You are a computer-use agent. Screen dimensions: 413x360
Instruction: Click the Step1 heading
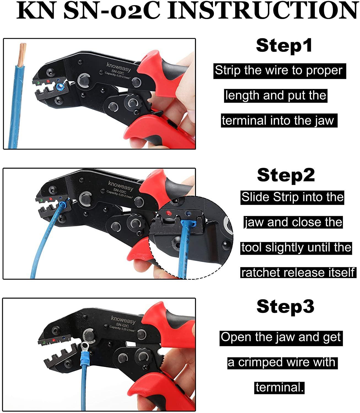click(x=284, y=46)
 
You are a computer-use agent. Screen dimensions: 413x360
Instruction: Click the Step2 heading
click(x=286, y=175)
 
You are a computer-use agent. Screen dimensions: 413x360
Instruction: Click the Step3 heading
click(x=285, y=306)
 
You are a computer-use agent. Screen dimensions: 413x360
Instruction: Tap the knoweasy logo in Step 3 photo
click(x=123, y=320)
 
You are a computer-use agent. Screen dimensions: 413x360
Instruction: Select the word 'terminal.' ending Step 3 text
click(x=279, y=387)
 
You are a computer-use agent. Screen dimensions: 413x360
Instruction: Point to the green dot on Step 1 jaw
click(x=37, y=82)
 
